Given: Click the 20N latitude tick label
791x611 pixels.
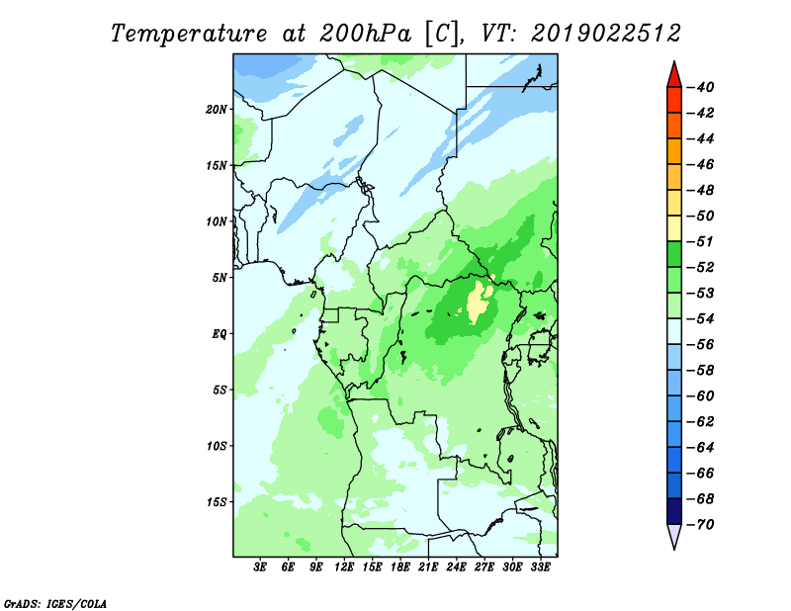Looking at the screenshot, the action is (216, 110).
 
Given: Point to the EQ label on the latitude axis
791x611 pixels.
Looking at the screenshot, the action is (219, 334).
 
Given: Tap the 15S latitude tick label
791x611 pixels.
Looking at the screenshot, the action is (217, 502).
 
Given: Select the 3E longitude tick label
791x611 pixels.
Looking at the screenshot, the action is (260, 567).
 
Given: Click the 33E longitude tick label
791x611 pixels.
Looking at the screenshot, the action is (540, 567).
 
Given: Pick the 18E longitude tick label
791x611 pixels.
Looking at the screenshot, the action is (400, 567).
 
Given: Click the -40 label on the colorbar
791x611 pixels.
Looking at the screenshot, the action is (701, 87).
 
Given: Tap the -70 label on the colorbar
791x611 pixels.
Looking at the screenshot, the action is (701, 525).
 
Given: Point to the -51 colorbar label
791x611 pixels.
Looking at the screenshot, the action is (701, 241).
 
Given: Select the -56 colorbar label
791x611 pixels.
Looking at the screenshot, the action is (701, 345).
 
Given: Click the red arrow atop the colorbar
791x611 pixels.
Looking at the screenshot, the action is (674, 75).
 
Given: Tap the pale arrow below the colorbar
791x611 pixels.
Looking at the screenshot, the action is (674, 536).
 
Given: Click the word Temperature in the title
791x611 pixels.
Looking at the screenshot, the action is (189, 35).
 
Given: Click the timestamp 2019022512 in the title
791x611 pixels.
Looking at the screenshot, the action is (606, 34).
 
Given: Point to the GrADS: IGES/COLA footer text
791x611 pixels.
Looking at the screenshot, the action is (55, 603).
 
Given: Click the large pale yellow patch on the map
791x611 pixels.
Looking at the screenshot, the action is (480, 303).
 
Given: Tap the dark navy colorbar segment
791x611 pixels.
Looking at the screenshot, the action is (674, 511).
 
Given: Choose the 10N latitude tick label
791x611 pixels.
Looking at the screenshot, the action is (217, 221).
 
